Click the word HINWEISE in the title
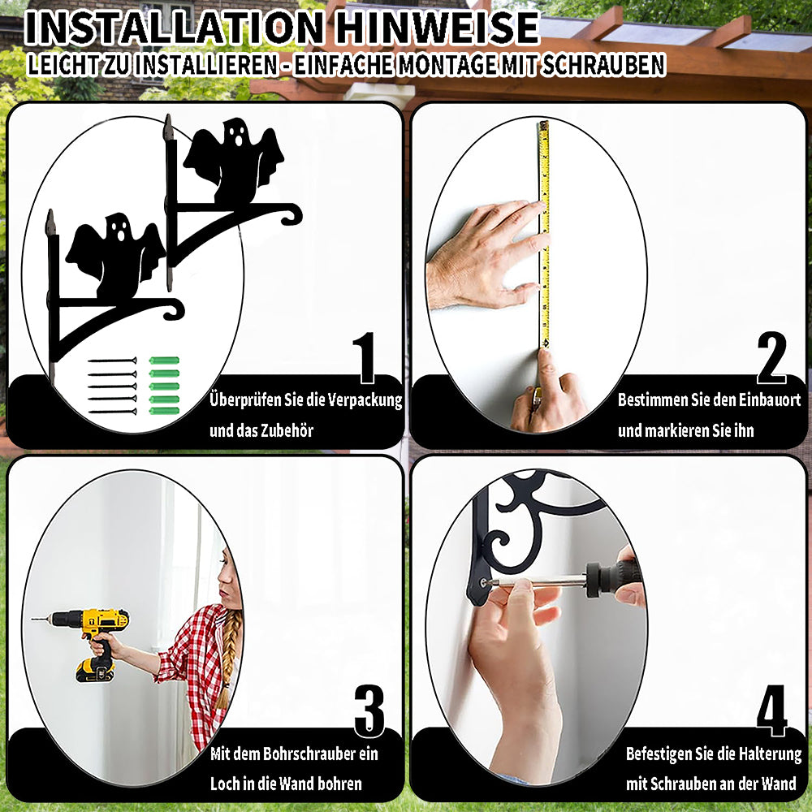(437, 28)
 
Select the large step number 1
(365, 357)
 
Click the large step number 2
(771, 357)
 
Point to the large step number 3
(369, 711)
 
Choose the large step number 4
(771, 710)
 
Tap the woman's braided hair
(228, 658)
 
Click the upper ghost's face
(236, 132)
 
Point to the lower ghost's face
(118, 228)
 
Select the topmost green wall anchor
(164, 361)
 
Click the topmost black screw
(112, 361)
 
